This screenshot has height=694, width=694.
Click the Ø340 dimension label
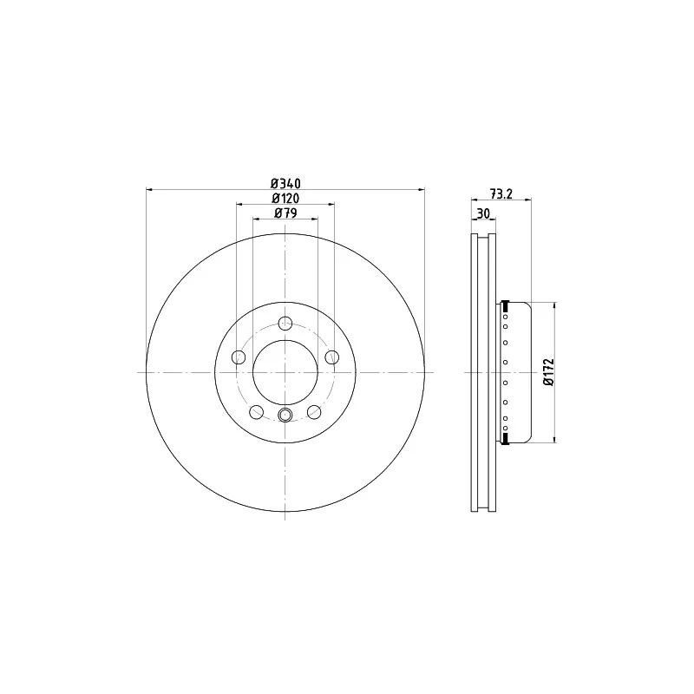pyautogui.click(x=285, y=183)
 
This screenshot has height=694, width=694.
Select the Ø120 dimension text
pyautogui.click(x=285, y=198)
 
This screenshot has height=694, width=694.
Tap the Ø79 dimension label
pyautogui.click(x=285, y=213)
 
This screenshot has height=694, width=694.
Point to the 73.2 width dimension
pyautogui.click(x=501, y=193)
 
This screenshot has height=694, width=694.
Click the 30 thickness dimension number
pyautogui.click(x=483, y=213)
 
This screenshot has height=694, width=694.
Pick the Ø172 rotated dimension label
pyautogui.click(x=549, y=372)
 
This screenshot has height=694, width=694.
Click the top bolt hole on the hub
pyautogui.click(x=285, y=323)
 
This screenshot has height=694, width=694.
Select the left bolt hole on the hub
pyautogui.click(x=239, y=357)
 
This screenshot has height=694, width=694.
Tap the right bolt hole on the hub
pyautogui.click(x=332, y=357)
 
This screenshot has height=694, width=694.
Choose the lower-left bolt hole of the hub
pyautogui.click(x=256, y=412)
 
